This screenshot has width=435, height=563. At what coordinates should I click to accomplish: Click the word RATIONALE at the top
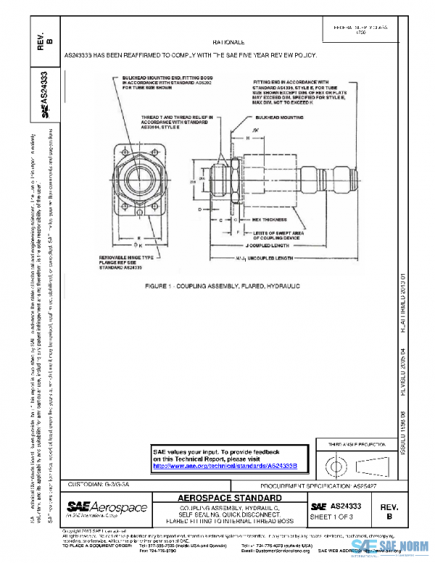click(228, 44)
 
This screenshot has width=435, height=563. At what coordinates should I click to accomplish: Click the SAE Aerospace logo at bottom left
click(107, 507)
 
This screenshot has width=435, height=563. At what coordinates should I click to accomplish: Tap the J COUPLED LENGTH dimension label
click(257, 246)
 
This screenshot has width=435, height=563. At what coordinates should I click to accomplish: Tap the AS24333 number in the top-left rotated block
click(45, 89)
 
